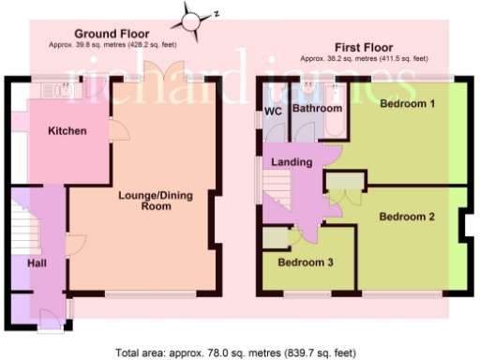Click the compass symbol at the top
[x=193, y=16]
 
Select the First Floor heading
[x=361, y=46]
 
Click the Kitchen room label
[x=67, y=131]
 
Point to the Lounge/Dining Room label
[x=156, y=201]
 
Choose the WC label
[x=273, y=112]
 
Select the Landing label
[x=292, y=162]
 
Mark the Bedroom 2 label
[x=407, y=217]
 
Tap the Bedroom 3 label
[x=306, y=262]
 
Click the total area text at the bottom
[x=234, y=352]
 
